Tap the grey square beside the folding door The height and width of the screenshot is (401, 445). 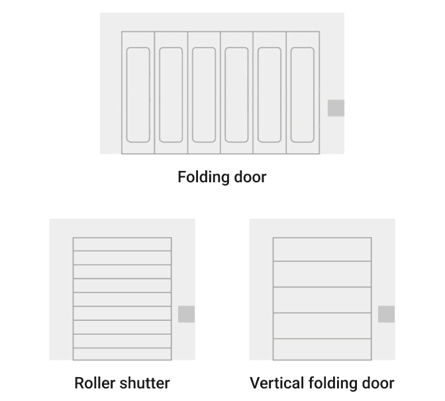[336, 108]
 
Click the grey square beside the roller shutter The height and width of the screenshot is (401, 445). [187, 314]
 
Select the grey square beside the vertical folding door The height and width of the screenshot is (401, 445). [386, 314]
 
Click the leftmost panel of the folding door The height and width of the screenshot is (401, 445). [138, 93]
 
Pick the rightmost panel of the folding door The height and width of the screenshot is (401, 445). [303, 93]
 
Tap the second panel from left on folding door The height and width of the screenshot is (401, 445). [171, 93]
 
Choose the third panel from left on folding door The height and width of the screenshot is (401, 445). [204, 93]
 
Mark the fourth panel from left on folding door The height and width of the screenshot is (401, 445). [236, 93]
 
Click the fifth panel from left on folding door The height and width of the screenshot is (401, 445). [270, 93]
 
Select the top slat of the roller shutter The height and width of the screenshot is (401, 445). [122, 244]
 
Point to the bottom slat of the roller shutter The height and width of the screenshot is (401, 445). [122, 354]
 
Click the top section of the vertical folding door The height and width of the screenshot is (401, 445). [322, 249]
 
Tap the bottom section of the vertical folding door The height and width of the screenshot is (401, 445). [322, 349]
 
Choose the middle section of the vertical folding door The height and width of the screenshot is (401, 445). [322, 300]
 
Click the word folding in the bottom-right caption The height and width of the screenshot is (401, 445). [334, 383]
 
